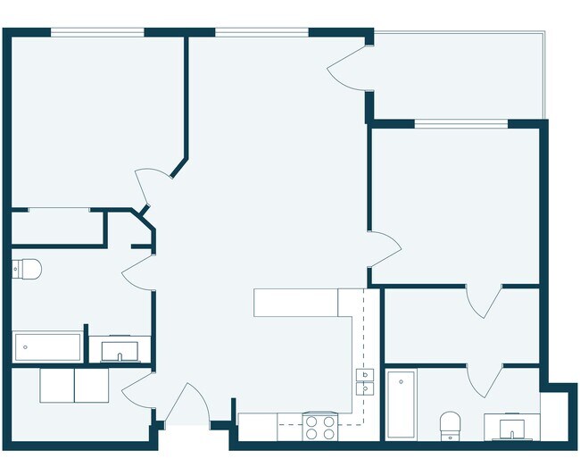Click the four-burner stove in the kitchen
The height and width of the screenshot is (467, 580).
[x=319, y=428]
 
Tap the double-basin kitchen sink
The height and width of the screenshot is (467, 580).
[x=365, y=382]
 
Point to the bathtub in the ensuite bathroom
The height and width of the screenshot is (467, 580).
[x=400, y=404]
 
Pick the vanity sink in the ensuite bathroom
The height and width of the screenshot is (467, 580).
[x=511, y=428]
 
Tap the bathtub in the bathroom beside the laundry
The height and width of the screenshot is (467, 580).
[x=47, y=346]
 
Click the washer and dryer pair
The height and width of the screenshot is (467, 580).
[x=74, y=385]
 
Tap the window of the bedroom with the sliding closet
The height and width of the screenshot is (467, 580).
[x=97, y=33]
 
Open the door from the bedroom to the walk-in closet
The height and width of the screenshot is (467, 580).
[x=486, y=303]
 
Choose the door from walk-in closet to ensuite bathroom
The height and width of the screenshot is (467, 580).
[x=486, y=379]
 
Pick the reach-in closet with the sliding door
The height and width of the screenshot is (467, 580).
[x=57, y=227]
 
